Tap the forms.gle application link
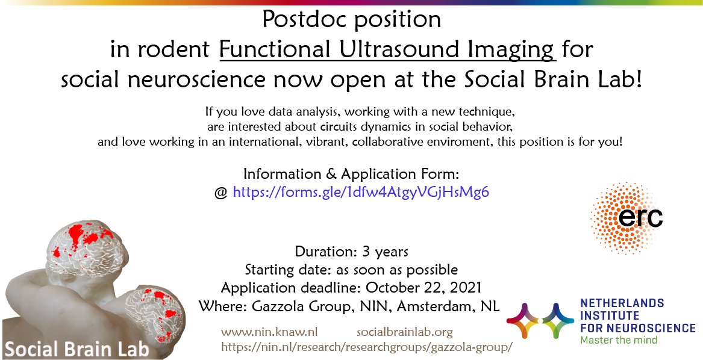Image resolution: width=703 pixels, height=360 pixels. (x=360, y=193)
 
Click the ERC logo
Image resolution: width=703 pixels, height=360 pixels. (x=627, y=217)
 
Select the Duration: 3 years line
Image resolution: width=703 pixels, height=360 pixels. (x=351, y=251)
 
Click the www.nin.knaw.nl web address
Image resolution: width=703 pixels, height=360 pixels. (x=269, y=332)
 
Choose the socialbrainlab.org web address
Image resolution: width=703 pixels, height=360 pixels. (x=404, y=332)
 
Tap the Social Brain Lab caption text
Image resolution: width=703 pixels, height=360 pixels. (x=77, y=349)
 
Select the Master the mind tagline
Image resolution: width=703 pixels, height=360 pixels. (x=619, y=340)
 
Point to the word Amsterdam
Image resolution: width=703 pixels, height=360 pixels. (x=430, y=305)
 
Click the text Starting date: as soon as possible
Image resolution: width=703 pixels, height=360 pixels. (x=351, y=269)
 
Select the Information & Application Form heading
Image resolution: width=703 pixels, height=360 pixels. (x=351, y=174)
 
